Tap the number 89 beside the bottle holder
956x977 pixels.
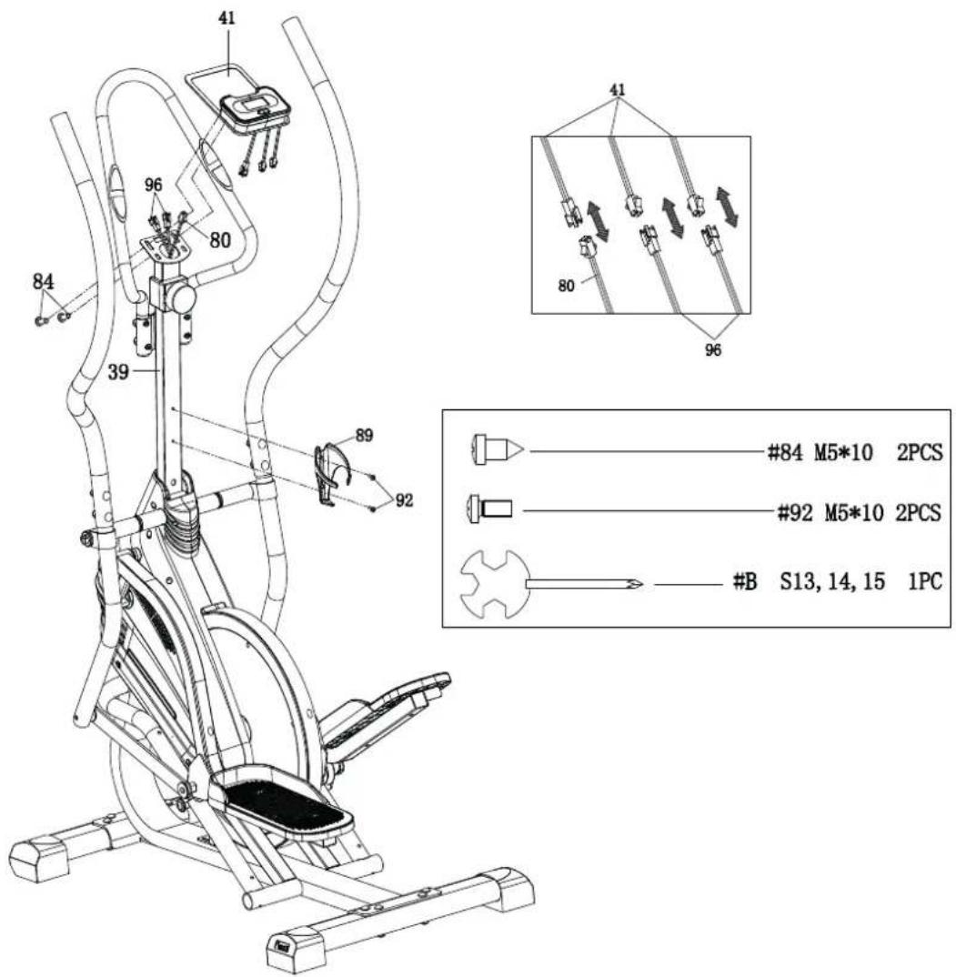pos(365,436)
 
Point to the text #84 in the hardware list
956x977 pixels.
pos(780,451)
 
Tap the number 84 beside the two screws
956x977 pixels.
pos(43,282)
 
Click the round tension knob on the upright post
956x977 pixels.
pos(182,297)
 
